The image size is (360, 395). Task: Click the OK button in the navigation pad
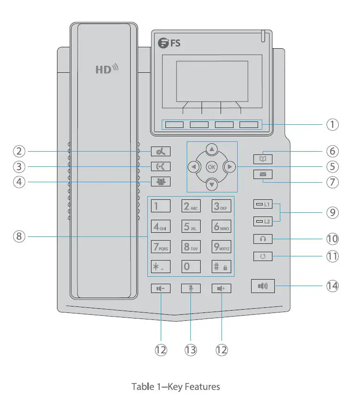(212, 166)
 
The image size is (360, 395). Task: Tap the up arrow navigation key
(212, 149)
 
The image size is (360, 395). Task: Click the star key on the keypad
(161, 267)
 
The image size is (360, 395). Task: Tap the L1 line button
(263, 204)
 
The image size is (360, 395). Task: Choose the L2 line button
(263, 222)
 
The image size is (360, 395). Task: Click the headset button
(263, 239)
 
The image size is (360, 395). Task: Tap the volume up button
(221, 288)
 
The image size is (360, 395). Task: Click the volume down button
(161, 288)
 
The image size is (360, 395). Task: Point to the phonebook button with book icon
(263, 159)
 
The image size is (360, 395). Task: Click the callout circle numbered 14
(332, 286)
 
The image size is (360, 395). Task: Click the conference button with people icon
(160, 182)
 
